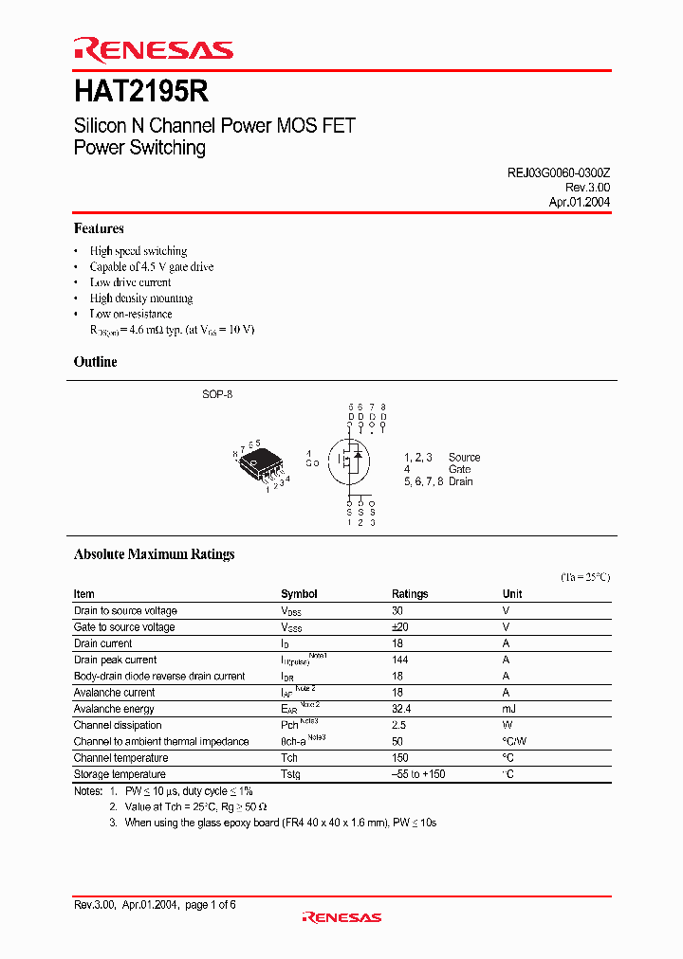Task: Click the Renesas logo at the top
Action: point(154,50)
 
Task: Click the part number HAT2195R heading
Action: point(141,91)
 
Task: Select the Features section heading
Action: point(99,228)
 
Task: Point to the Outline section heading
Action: point(96,362)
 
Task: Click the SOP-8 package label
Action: point(217,393)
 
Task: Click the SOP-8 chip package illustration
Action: point(260,463)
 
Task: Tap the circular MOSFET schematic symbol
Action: point(352,461)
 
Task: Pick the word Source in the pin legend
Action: point(465,457)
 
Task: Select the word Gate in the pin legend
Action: point(460,469)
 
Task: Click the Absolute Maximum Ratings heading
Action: point(155,554)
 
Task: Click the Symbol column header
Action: point(299,594)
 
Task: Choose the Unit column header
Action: point(512,594)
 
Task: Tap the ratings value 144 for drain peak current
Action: point(401,660)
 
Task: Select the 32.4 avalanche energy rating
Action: point(403,709)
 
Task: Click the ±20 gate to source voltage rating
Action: point(400,627)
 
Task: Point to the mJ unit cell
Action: point(508,709)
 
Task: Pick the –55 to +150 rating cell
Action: point(418,774)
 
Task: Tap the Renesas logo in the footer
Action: point(341,917)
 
